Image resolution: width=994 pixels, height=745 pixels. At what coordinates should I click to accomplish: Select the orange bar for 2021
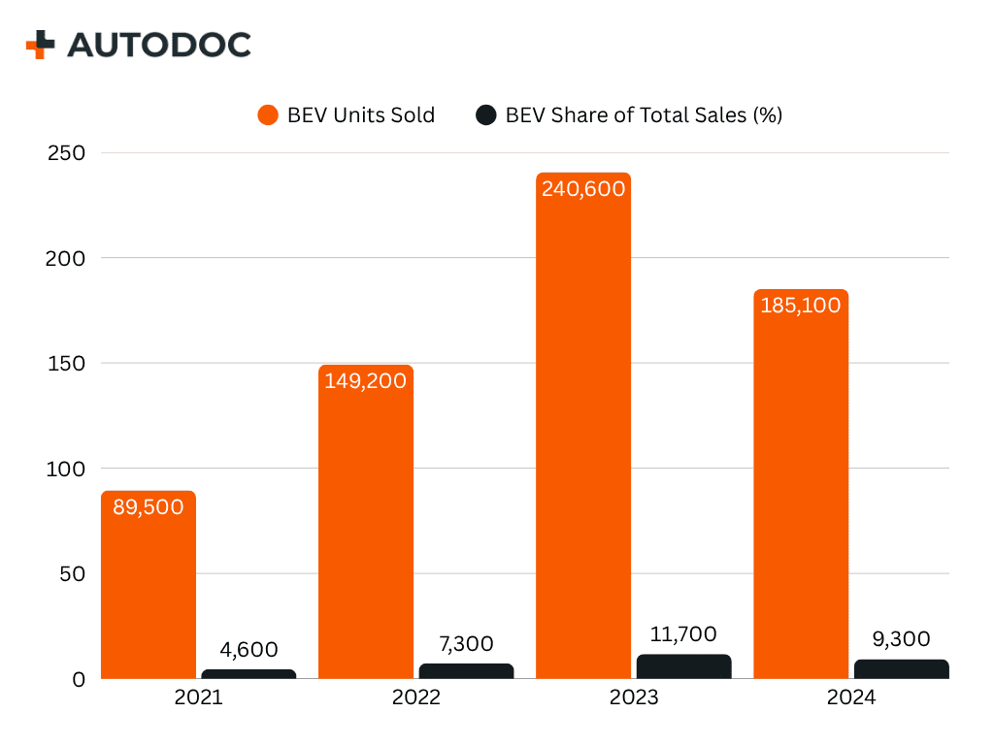point(149,592)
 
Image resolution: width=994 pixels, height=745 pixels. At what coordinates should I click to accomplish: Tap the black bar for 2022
point(466,671)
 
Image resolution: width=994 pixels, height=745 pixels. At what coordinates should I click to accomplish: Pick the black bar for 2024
point(901,669)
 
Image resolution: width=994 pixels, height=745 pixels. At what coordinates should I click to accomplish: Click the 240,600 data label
point(583,189)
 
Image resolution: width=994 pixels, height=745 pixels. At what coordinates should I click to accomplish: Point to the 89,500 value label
point(149,506)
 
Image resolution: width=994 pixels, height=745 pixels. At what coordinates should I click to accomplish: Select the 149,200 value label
point(366,380)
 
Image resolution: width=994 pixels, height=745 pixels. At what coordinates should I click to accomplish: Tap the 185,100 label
point(801,305)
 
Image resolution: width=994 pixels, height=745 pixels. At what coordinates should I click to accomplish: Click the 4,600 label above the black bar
point(248,650)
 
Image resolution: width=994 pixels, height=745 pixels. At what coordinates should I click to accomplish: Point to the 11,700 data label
point(683,634)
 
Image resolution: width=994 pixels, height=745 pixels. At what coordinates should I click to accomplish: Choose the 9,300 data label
point(901,639)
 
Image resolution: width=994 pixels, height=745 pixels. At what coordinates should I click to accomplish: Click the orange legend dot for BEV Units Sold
point(268,115)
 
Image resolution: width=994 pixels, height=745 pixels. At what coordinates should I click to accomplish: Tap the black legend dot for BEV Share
point(486,115)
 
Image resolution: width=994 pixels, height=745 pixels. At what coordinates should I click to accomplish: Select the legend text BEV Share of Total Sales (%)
point(644,115)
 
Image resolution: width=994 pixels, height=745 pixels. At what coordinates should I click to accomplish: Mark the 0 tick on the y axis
point(79,679)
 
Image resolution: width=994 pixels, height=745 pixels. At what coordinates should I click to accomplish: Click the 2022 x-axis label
point(416,698)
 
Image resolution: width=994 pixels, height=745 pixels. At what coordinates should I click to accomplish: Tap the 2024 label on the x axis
point(851,698)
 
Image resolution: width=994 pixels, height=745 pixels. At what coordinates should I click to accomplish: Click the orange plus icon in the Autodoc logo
point(41,45)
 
